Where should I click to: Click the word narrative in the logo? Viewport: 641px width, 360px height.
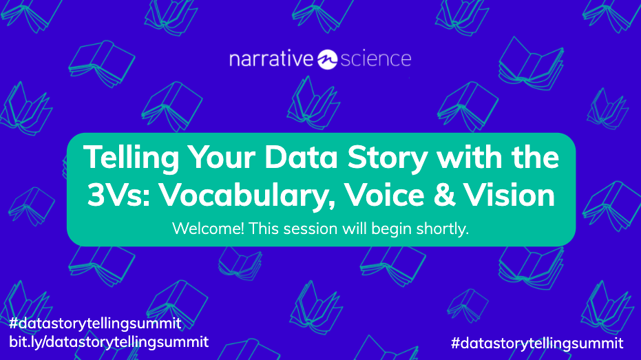(271, 59)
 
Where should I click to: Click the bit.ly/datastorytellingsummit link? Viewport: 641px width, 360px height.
(108, 341)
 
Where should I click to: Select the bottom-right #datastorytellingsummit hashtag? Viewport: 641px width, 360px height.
(537, 342)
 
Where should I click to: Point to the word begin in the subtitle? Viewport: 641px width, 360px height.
(392, 229)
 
